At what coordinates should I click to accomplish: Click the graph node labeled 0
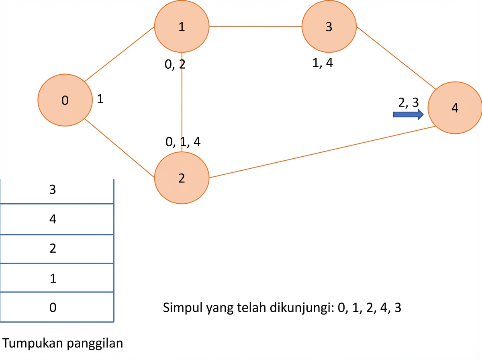click(65, 100)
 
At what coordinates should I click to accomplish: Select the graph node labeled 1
click(182, 27)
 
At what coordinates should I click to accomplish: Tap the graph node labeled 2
click(182, 178)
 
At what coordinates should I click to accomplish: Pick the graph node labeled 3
click(329, 27)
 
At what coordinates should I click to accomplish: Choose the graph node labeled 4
click(455, 108)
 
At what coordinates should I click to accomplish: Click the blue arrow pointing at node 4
click(408, 115)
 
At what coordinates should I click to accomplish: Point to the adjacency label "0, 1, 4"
click(183, 142)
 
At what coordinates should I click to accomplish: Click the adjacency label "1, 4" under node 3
click(323, 63)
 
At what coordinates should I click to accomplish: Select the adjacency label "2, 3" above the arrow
click(408, 102)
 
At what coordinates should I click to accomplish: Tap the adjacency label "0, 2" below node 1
click(175, 64)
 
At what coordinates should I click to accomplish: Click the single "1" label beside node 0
click(100, 99)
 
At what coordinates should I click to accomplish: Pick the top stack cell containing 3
click(57, 191)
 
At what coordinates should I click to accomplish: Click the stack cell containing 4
click(57, 219)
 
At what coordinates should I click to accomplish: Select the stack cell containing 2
click(57, 249)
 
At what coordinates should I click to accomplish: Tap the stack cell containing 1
click(57, 278)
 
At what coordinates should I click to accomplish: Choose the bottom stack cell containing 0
click(57, 307)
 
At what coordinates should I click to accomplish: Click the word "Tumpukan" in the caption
click(33, 344)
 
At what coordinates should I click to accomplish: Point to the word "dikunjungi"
click(302, 308)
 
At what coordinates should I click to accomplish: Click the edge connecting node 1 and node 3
click(255, 27)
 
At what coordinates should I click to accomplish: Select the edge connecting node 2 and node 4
click(323, 152)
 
